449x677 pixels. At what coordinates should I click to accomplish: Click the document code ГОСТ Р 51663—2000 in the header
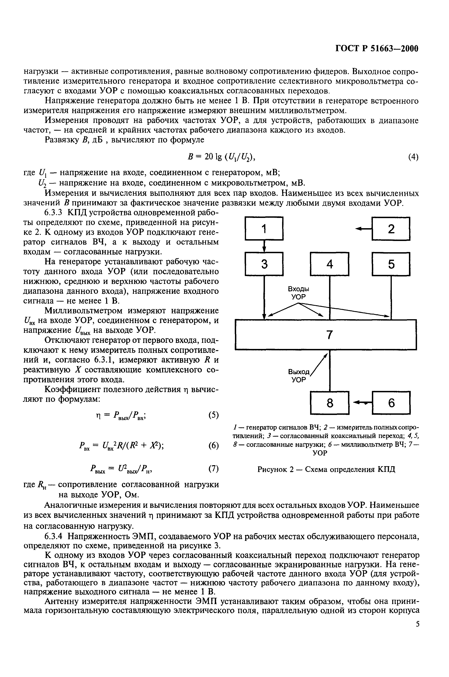(x=377, y=49)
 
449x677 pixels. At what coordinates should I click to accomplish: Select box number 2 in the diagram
(x=391, y=229)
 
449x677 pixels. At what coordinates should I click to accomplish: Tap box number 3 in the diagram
(x=264, y=264)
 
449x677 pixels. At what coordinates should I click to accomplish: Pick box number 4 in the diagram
(x=330, y=264)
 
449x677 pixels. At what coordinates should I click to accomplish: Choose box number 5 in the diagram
(x=391, y=264)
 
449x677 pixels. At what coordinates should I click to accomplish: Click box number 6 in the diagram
(x=391, y=403)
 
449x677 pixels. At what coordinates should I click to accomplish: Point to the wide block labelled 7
(x=326, y=334)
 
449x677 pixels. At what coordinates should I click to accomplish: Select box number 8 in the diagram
(x=330, y=403)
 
